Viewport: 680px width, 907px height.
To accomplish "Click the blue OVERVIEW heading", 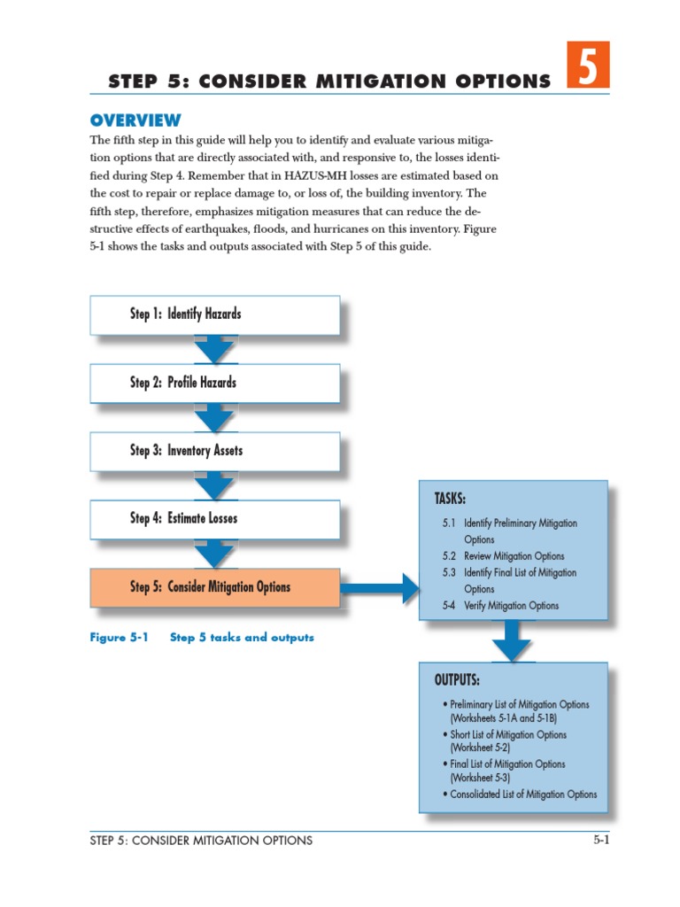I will tap(135, 120).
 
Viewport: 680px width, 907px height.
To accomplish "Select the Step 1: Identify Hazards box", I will tap(214, 314).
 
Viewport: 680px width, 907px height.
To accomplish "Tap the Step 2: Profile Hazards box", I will tap(214, 383).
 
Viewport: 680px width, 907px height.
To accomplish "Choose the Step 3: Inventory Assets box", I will tap(214, 451).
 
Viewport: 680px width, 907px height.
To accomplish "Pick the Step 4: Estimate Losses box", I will tap(214, 519).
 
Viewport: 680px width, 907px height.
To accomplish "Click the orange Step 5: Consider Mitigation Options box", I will tap(214, 587).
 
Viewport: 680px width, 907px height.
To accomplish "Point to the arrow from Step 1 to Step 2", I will tap(214, 350).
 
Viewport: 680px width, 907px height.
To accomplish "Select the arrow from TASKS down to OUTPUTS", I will tap(512, 640).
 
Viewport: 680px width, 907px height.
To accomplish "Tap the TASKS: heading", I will tap(450, 499).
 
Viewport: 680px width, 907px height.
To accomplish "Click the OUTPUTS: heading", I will tap(457, 680).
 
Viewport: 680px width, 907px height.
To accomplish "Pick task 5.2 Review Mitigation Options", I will tap(504, 556).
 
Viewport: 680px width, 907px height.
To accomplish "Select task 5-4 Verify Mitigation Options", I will tap(501, 606).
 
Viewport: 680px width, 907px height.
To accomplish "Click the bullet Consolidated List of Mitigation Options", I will tap(522, 795).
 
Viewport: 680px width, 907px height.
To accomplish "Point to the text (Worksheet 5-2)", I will tap(480, 748).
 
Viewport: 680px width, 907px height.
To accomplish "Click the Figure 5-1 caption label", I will tap(118, 638).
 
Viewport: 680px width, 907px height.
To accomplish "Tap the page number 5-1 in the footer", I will tap(601, 841).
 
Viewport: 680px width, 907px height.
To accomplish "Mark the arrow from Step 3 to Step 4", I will tap(214, 486).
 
